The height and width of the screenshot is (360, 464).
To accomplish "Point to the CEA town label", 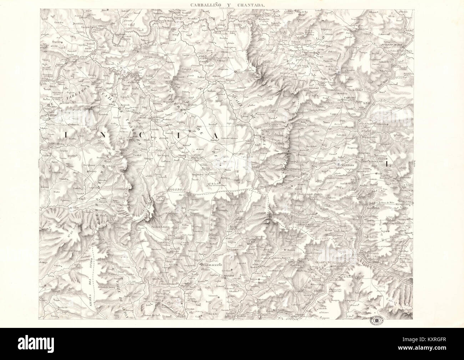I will (252, 242).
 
